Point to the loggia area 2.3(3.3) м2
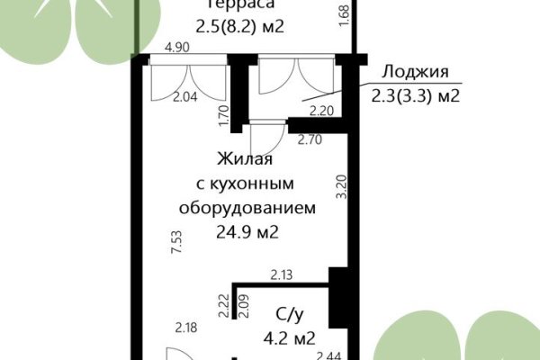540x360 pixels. coord(415,94)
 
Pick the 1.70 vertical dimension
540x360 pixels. coord(223,115)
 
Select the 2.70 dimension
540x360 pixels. coord(310,139)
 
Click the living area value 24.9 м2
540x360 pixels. coord(246,232)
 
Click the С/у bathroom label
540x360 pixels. coord(288,316)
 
